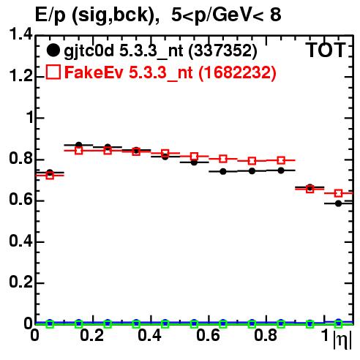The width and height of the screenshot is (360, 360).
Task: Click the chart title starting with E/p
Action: coord(158,15)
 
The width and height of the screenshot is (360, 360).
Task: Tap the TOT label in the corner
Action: coord(326,50)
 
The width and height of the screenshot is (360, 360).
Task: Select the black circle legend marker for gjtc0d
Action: coord(53,50)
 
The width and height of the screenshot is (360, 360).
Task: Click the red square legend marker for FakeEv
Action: coord(53,72)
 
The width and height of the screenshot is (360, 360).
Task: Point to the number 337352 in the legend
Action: coord(222,50)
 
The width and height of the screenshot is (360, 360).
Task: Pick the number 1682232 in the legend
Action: coord(237,72)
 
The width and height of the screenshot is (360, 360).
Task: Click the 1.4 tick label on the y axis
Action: coord(21,34)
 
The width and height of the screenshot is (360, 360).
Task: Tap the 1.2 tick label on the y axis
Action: coord(21,76)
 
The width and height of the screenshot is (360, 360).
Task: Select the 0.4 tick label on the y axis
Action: coord(21,241)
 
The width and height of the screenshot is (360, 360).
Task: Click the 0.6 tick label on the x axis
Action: coord(208,335)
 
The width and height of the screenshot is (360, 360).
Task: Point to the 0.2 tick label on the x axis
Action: coord(92,335)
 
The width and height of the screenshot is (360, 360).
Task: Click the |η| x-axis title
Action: coord(342,340)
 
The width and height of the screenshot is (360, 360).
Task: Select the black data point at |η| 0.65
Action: coord(223,171)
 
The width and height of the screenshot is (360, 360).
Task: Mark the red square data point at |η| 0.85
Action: coord(281,160)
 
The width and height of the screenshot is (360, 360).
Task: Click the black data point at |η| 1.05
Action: coord(338,203)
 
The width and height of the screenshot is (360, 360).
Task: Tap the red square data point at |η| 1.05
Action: coord(338,193)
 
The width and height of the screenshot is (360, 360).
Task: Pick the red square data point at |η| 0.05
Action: coord(50,176)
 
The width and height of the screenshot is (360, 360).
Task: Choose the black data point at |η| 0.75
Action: coord(252,171)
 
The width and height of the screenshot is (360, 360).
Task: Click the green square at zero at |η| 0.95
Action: coord(310,324)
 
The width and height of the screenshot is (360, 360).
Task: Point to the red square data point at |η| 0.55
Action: coord(194,157)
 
